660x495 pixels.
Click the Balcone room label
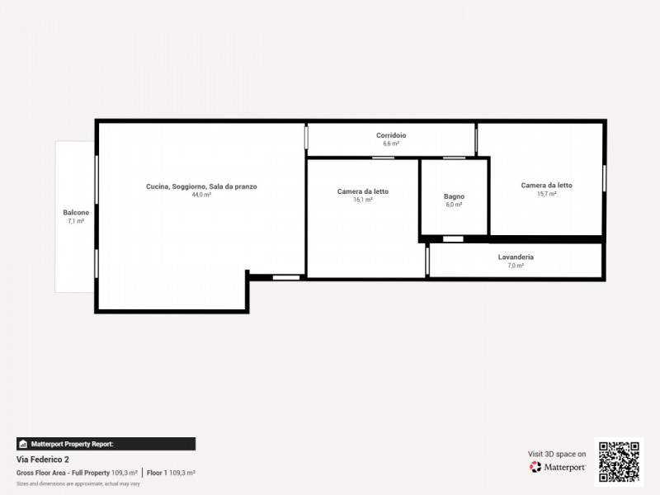(76, 213)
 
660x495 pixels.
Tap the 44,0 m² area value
(201, 195)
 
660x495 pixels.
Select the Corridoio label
(391, 135)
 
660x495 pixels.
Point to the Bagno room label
(455, 196)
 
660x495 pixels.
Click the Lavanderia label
(516, 257)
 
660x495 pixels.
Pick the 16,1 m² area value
(363, 200)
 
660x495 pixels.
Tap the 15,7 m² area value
(546, 194)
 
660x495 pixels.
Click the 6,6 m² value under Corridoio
(391, 144)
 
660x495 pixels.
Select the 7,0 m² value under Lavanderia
(516, 266)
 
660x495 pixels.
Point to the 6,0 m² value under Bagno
(455, 205)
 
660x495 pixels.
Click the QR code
(619, 461)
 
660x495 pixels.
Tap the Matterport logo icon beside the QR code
(535, 467)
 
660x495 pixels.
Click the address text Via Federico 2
(43, 460)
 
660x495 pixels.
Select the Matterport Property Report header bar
(106, 444)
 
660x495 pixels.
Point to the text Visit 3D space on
(557, 454)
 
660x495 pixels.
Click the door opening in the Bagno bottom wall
(453, 239)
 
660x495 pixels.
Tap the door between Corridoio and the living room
(306, 137)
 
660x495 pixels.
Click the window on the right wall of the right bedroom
(605, 178)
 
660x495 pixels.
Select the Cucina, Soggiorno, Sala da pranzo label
(201, 186)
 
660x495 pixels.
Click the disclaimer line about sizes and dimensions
(78, 483)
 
